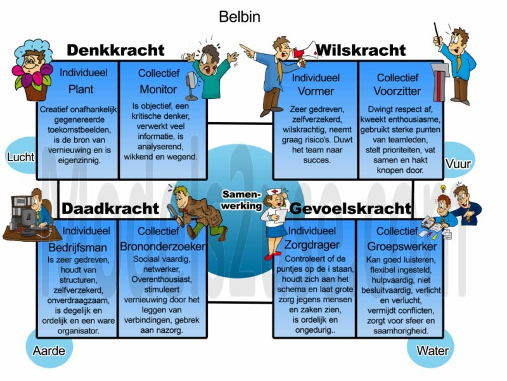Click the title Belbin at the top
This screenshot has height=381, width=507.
240,17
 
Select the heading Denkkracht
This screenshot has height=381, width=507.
115,50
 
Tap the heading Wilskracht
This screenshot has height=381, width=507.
361,50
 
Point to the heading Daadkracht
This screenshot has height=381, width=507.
110,208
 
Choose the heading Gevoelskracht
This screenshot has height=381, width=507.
350,208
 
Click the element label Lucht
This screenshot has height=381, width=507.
21,157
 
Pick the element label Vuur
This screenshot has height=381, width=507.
458,164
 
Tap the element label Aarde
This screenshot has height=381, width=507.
49,351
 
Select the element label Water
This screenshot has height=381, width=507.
432,351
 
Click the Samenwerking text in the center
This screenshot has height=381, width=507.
241,200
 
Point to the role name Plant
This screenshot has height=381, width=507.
81,89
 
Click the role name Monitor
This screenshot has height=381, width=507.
158,89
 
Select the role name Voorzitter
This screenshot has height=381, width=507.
397,91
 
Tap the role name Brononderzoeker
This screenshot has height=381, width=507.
163,246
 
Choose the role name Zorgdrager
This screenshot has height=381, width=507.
312,245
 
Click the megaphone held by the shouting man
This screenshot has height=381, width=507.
305,52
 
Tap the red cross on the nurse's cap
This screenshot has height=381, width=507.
274,192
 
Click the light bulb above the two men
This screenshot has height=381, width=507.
443,188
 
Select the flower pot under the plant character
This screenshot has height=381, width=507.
36,91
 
